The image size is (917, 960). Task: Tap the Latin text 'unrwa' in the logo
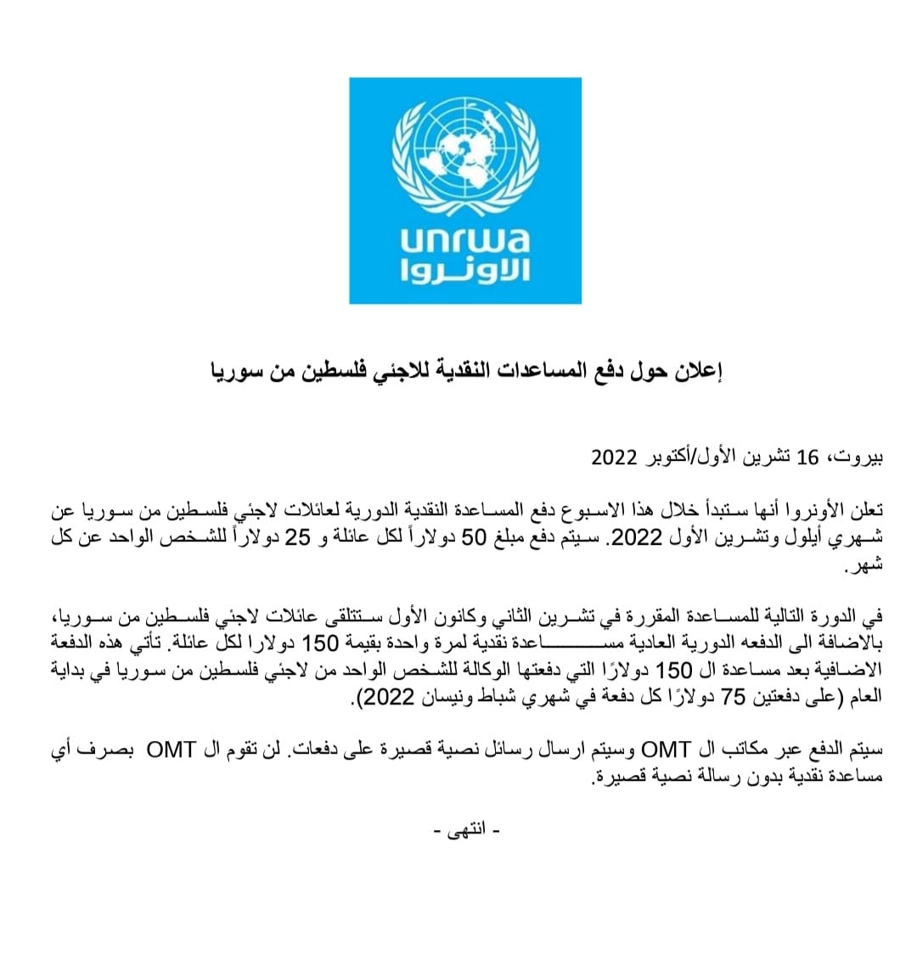click(465, 240)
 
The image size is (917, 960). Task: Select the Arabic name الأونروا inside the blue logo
click(465, 272)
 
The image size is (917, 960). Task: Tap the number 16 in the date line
click(808, 458)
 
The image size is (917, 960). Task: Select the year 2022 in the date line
click(614, 458)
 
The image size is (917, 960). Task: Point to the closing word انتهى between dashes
click(466, 829)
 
